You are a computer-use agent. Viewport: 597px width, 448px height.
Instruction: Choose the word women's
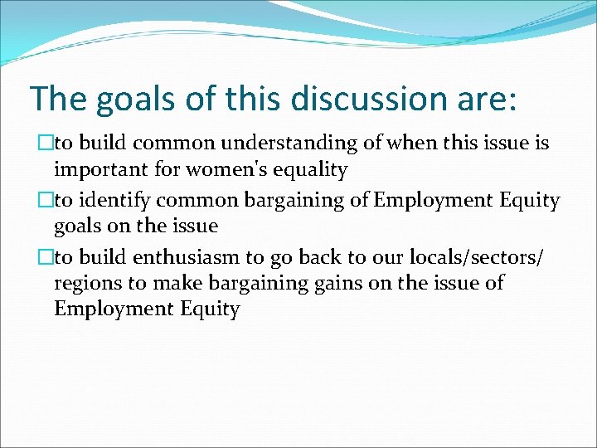(x=224, y=170)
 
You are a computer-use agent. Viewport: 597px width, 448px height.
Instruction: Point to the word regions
(x=85, y=284)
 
